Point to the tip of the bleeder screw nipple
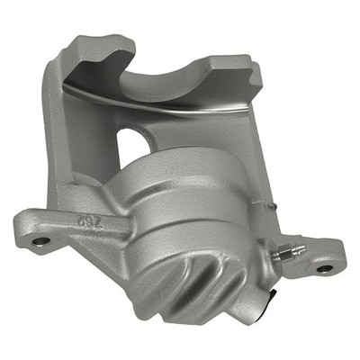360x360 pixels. pyautogui.click(x=301, y=247)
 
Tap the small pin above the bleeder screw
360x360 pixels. pyautogui.click(x=271, y=205)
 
